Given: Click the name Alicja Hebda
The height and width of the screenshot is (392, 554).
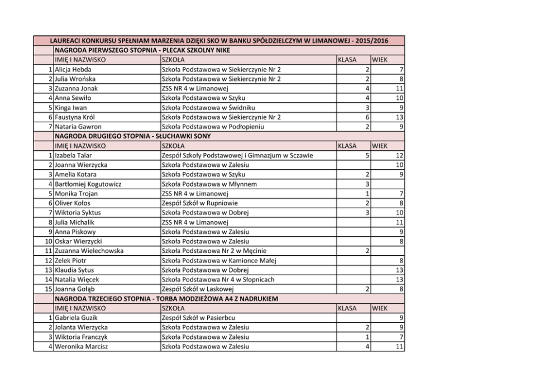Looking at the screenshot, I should (x=73, y=69).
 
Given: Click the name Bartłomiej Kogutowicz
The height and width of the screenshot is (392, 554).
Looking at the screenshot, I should (x=88, y=184).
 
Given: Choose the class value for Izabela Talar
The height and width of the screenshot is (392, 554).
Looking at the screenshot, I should (x=367, y=155).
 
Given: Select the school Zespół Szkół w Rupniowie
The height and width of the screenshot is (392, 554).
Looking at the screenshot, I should (x=198, y=203).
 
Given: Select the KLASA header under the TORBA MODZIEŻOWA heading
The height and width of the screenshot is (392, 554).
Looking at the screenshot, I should (x=347, y=308).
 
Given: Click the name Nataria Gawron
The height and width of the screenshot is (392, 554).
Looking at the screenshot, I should (x=78, y=127).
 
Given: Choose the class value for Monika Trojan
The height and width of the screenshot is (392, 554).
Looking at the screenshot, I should (x=367, y=194).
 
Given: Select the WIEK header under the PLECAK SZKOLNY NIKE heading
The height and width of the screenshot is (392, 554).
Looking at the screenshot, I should (x=380, y=60).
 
